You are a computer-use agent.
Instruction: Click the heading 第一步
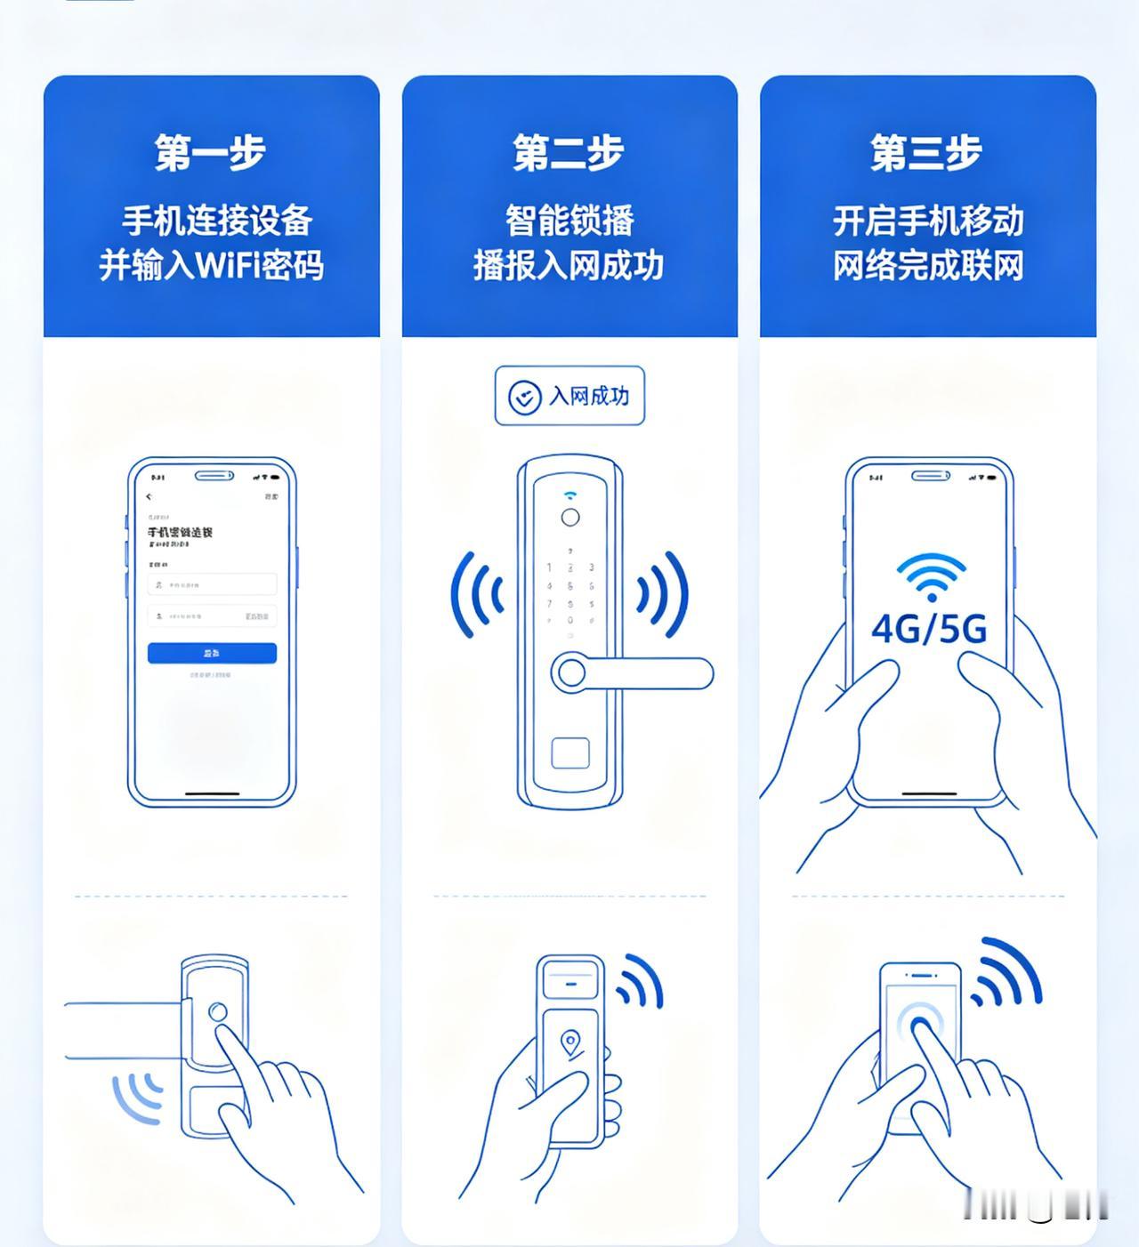[211, 153]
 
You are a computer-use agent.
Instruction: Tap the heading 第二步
[569, 153]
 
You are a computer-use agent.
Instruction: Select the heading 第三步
[926, 153]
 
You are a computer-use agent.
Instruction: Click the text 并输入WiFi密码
[211, 265]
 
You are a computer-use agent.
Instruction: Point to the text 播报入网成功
[569, 265]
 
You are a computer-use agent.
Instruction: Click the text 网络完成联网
[928, 265]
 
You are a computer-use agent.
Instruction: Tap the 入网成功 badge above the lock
[569, 396]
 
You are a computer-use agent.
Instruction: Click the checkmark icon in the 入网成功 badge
[524, 397]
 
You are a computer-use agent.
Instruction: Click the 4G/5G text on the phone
[929, 629]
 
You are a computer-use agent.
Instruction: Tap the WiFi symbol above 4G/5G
[931, 577]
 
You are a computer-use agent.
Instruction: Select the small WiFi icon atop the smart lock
[569, 495]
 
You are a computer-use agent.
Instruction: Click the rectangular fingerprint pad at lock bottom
[569, 752]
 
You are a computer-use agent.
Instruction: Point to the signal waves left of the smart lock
[476, 594]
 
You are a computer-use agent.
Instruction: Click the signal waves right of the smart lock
[663, 594]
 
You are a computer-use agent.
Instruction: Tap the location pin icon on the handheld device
[570, 1042]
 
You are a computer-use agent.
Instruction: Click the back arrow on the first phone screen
[149, 496]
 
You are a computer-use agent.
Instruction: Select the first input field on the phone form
[212, 584]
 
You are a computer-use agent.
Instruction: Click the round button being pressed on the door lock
[217, 1012]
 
